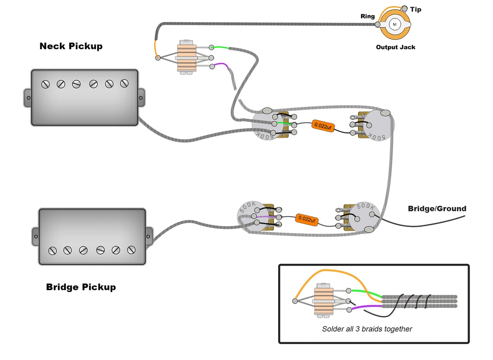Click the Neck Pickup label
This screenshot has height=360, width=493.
click(71, 46)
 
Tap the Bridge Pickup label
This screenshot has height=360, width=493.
click(81, 287)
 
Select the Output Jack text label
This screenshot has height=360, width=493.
click(395, 47)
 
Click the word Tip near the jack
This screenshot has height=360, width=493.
click(415, 9)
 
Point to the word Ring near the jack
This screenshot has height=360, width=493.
click(367, 16)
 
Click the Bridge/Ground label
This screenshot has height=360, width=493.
click(437, 209)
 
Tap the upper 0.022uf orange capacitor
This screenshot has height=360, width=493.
click(322, 126)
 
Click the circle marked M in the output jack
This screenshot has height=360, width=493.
click(395, 24)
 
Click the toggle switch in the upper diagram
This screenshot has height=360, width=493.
click(187, 57)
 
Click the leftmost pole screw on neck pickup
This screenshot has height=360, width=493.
click(46, 84)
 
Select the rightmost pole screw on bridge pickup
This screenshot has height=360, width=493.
click(131, 250)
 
